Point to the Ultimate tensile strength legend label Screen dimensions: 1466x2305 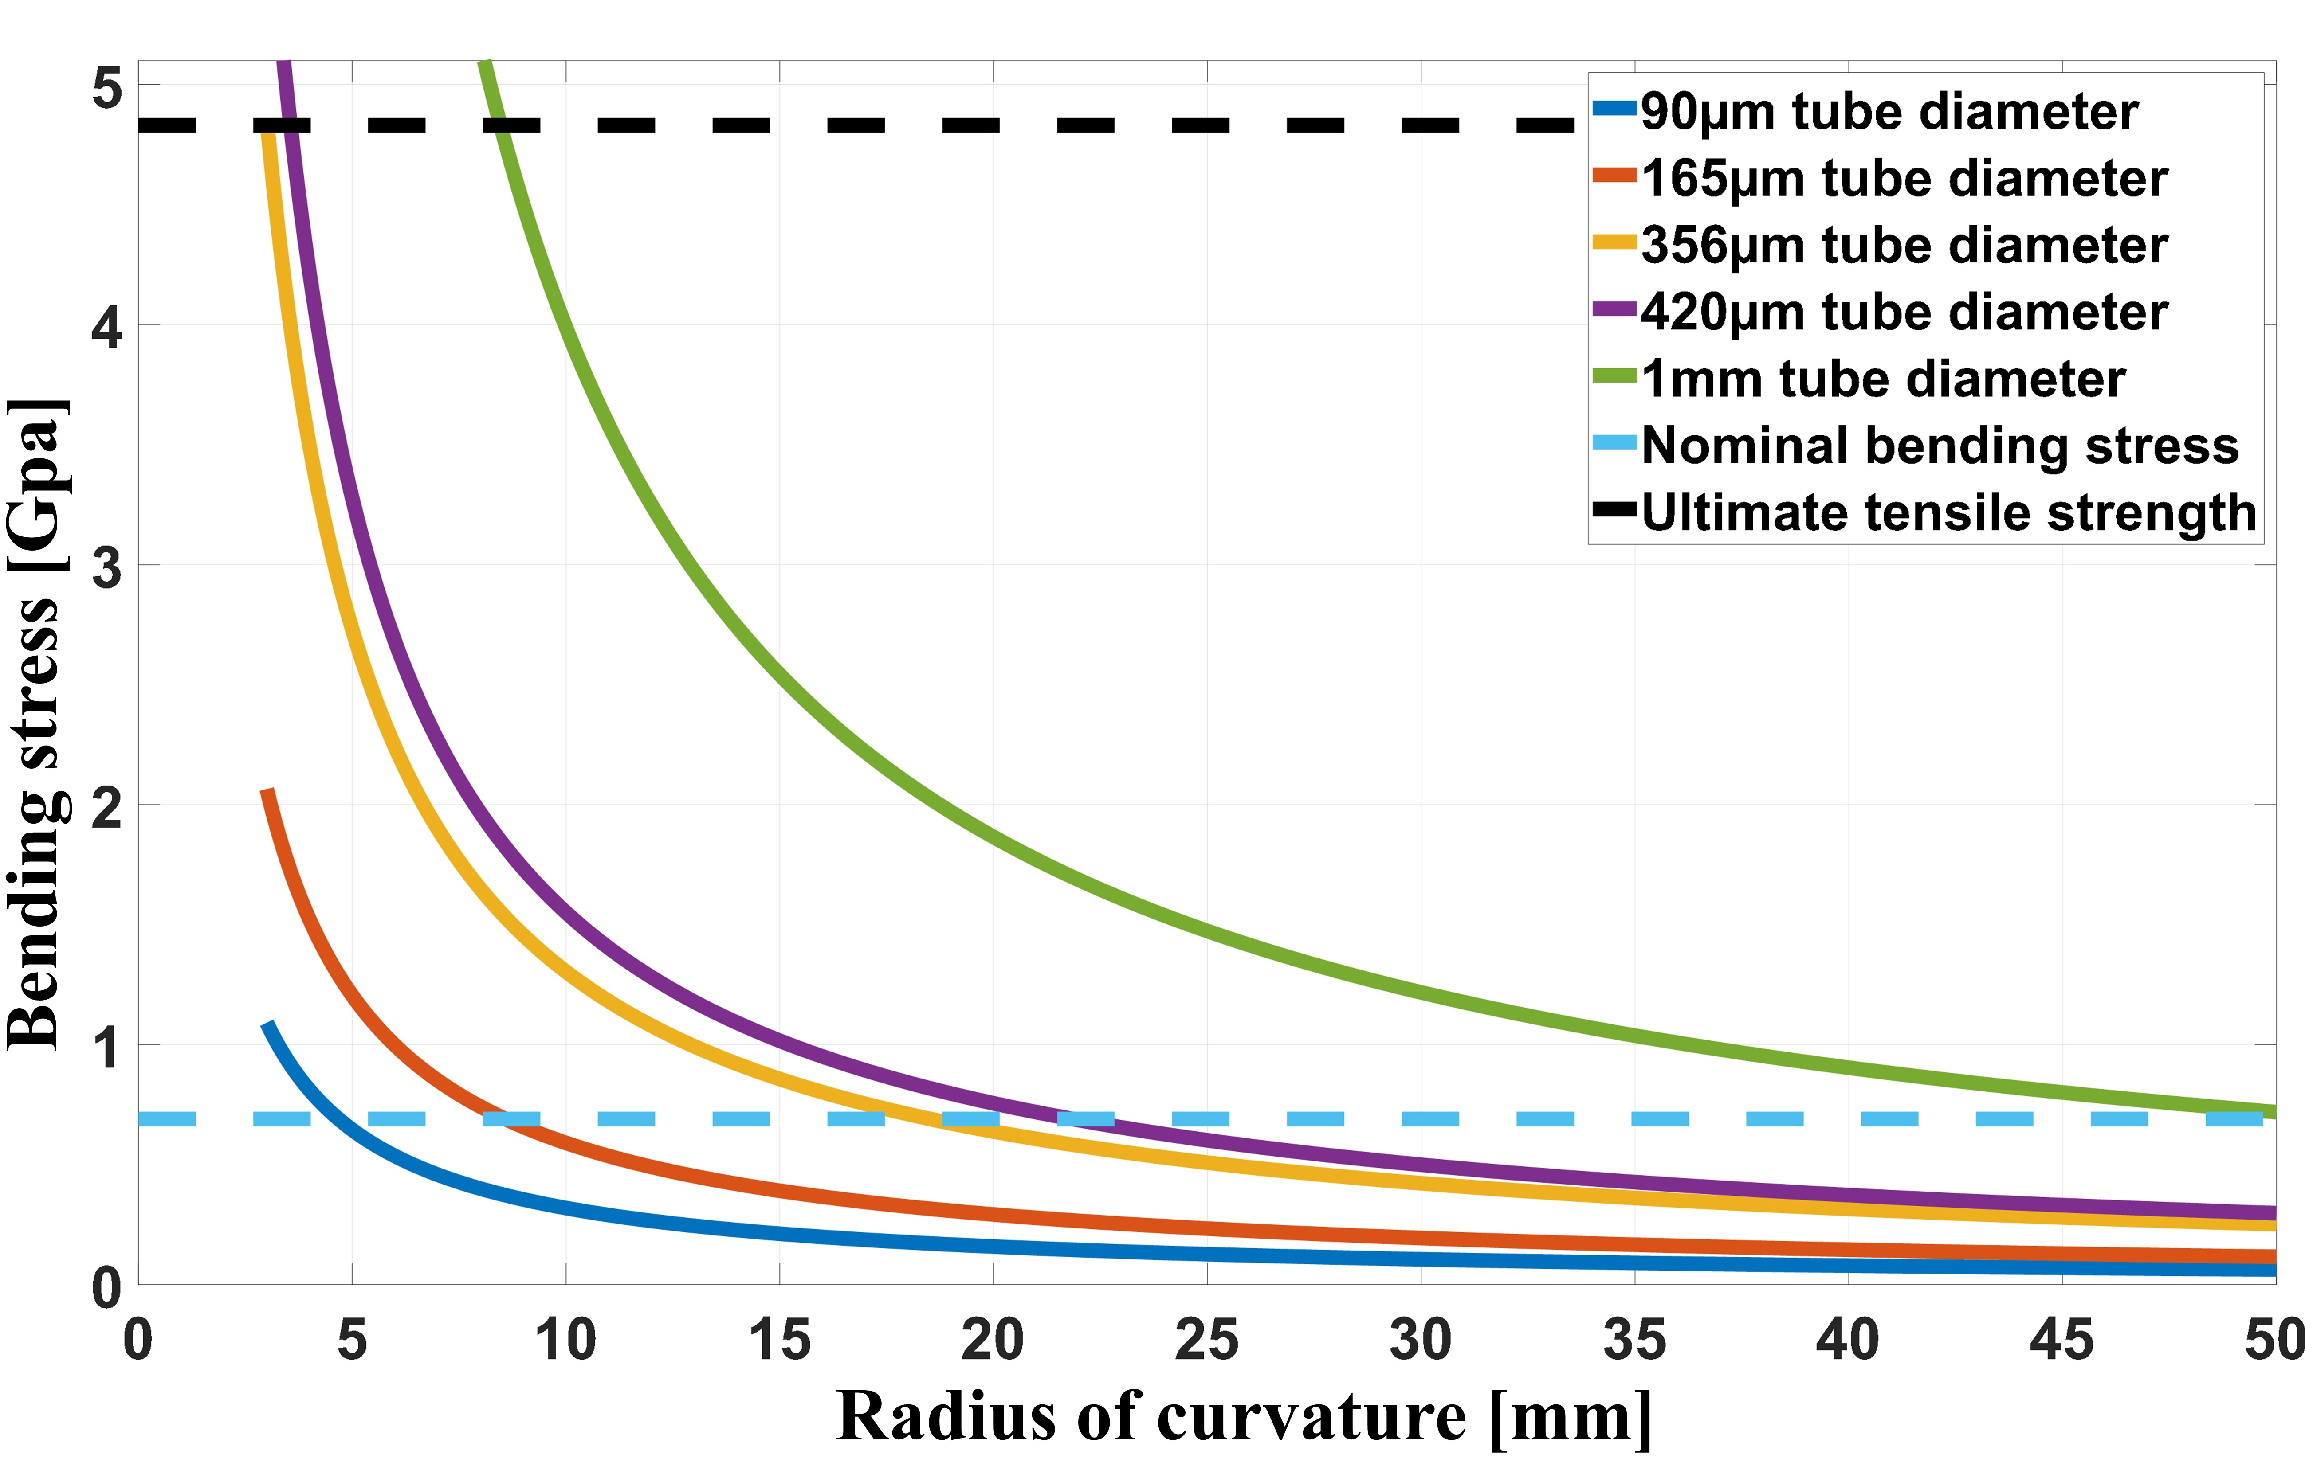click(1948, 513)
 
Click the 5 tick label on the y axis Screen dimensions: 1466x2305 click(107, 89)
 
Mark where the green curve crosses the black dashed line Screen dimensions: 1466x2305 click(499, 125)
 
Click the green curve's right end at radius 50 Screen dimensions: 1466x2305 click(2273, 1111)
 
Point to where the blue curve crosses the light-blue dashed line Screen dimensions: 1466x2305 click(345, 1118)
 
